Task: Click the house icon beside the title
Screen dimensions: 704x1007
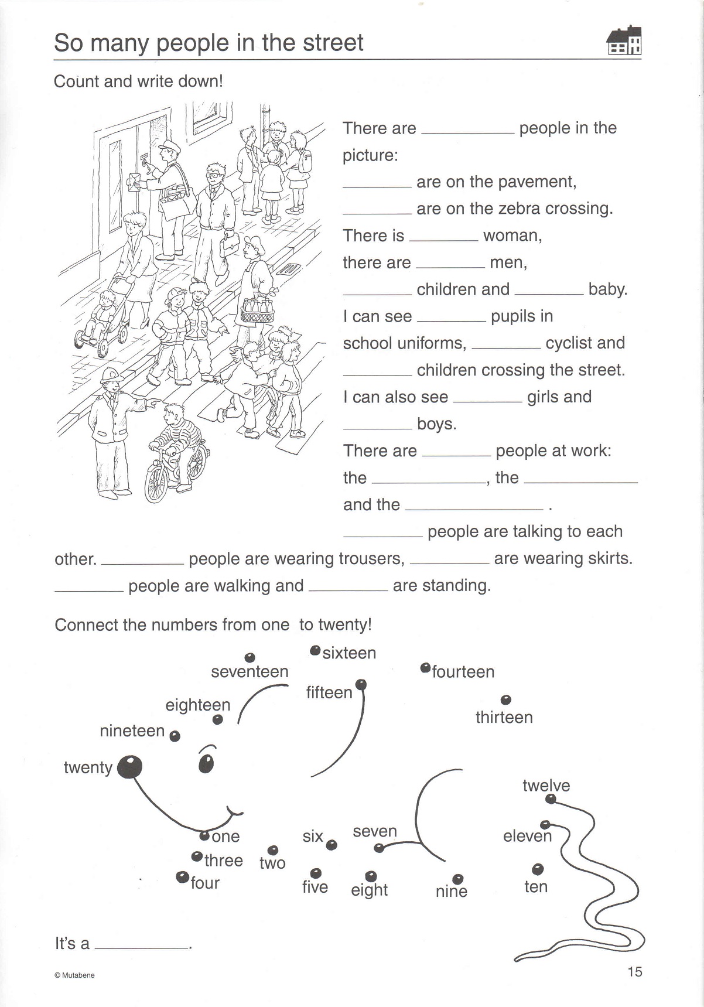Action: [x=624, y=40]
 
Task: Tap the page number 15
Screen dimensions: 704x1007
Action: [x=635, y=972]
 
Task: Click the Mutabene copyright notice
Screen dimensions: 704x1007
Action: [x=74, y=975]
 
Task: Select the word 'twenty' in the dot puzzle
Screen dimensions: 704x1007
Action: [x=88, y=767]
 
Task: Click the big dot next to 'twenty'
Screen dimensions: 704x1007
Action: [x=129, y=767]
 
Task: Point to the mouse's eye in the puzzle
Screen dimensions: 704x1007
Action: [x=206, y=763]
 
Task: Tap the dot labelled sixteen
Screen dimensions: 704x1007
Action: [x=315, y=650]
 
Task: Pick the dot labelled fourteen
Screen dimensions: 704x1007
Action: [x=425, y=668]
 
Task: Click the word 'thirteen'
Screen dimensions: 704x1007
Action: [x=504, y=718]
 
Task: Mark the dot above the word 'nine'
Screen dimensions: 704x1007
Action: [x=458, y=878]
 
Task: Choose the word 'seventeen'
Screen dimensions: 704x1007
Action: [x=250, y=672]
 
